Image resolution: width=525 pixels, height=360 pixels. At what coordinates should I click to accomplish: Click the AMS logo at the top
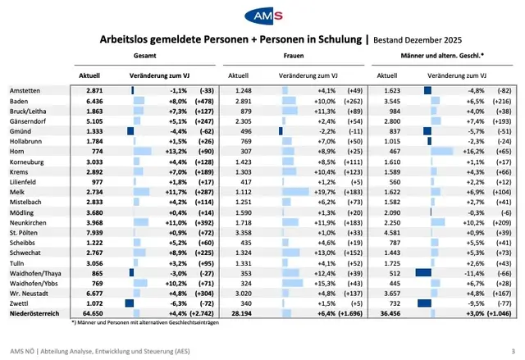(x=262, y=16)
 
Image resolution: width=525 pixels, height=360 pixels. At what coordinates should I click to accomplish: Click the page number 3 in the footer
(x=513, y=352)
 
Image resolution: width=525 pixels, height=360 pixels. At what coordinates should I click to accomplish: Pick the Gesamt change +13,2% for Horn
(x=178, y=150)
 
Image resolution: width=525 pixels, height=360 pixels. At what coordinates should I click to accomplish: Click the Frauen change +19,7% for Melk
(x=326, y=191)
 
